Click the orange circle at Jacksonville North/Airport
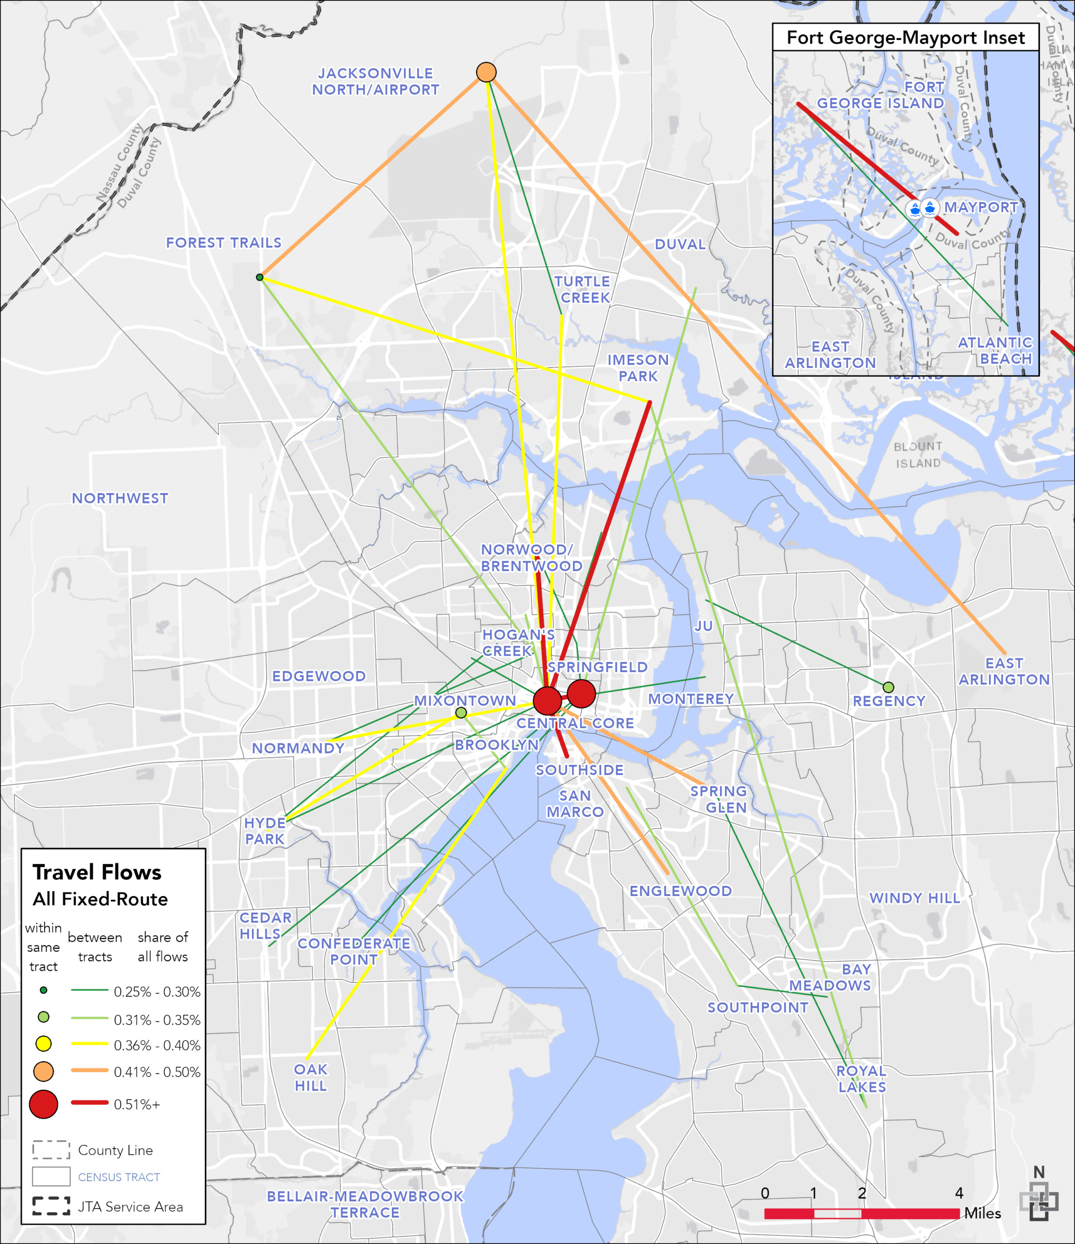pos(486,72)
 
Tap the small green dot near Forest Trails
pos(260,277)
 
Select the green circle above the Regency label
pos(888,687)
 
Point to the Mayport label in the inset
pos(981,207)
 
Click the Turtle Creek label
pos(582,290)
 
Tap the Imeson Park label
pos(638,368)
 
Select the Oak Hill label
pos(311,1077)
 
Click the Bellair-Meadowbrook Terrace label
pos(365,1204)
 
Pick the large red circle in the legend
pos(43,1104)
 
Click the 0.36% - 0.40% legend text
pos(157,1045)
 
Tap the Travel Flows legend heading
pos(97,872)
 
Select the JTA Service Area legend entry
pos(130,1207)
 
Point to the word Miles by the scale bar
pos(983,1213)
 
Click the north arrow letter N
pos(1039,1172)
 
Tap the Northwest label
pos(120,498)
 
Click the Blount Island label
pos(917,454)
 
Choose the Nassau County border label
pos(120,162)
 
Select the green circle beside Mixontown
pos(460,713)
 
